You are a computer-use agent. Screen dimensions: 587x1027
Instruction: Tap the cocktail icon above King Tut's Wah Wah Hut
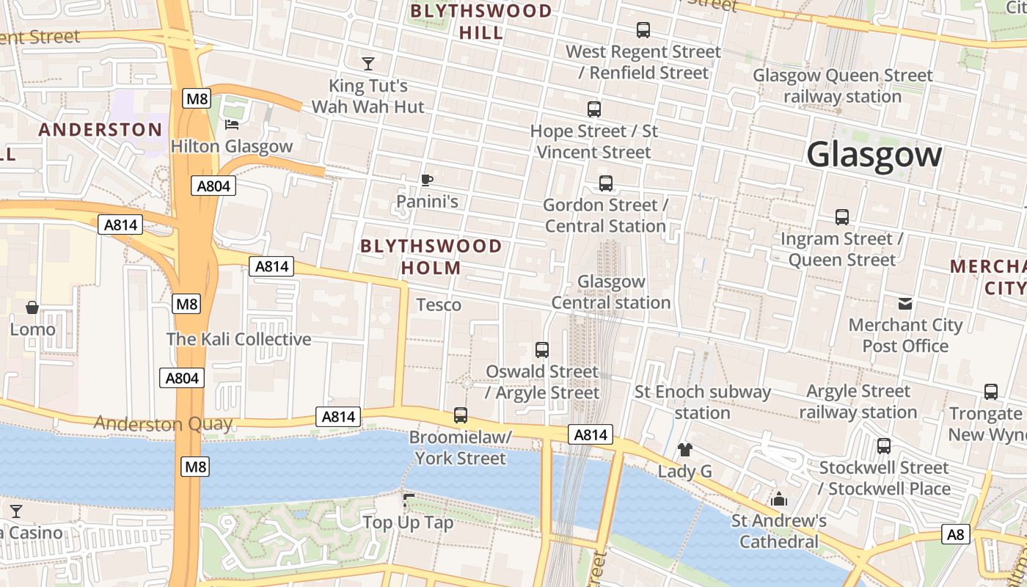pyautogui.click(x=368, y=64)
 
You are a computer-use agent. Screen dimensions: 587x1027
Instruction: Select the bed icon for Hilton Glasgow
pyautogui.click(x=232, y=124)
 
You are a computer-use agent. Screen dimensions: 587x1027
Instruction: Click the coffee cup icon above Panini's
pyautogui.click(x=427, y=180)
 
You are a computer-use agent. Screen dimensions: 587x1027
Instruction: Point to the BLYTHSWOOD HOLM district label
pyautogui.click(x=431, y=257)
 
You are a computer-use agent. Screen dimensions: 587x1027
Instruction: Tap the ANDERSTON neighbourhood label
pyautogui.click(x=100, y=130)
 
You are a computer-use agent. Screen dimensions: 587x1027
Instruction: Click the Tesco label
pyautogui.click(x=439, y=305)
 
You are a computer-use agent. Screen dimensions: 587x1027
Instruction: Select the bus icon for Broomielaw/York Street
pyautogui.click(x=461, y=415)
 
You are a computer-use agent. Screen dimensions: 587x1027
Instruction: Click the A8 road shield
pyautogui.click(x=955, y=534)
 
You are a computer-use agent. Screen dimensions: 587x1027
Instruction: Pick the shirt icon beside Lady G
pyautogui.click(x=684, y=449)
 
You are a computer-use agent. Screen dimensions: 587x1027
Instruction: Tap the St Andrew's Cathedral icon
pyautogui.click(x=779, y=500)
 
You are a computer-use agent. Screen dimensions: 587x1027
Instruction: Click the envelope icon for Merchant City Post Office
pyautogui.click(x=905, y=303)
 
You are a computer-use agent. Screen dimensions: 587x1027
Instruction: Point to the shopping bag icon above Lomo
pyautogui.click(x=32, y=307)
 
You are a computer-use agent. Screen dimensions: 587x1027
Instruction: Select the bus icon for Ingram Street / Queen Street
pyautogui.click(x=842, y=217)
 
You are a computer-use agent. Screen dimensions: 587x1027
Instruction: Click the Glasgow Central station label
pyautogui.click(x=610, y=292)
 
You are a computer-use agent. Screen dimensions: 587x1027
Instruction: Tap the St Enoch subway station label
pyautogui.click(x=702, y=402)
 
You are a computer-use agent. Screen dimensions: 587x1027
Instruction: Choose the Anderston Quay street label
pyautogui.click(x=163, y=423)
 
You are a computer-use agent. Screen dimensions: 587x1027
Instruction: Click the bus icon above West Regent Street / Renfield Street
pyautogui.click(x=643, y=30)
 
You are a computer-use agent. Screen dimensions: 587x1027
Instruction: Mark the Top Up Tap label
pyautogui.click(x=408, y=523)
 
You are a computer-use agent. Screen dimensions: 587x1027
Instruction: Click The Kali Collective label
pyautogui.click(x=238, y=339)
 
